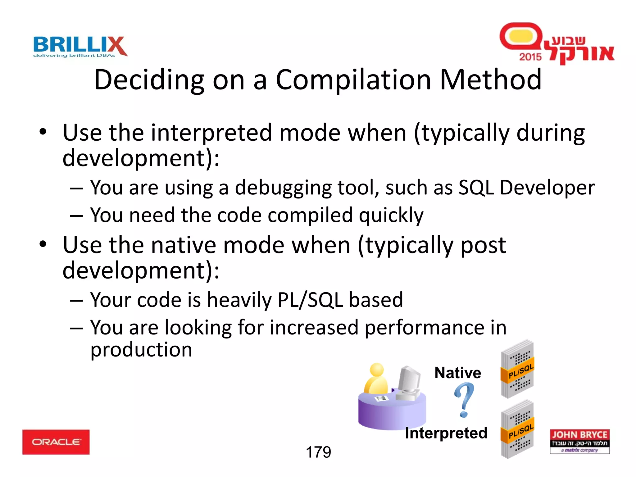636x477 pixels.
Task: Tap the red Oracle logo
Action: [x=56, y=442]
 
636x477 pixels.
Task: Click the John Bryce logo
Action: [x=579, y=441]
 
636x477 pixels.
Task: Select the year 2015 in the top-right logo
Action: [x=530, y=57]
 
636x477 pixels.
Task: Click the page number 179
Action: [x=318, y=452]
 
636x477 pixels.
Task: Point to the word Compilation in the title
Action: [x=353, y=80]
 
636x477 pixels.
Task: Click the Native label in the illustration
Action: [x=457, y=373]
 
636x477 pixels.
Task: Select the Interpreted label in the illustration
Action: [x=446, y=433]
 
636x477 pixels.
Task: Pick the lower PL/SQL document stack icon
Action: [x=517, y=429]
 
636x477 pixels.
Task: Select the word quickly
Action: [x=391, y=215]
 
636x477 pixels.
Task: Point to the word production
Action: [x=141, y=350]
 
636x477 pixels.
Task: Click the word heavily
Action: [x=239, y=300]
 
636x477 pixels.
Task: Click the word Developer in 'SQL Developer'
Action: [x=547, y=188]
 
